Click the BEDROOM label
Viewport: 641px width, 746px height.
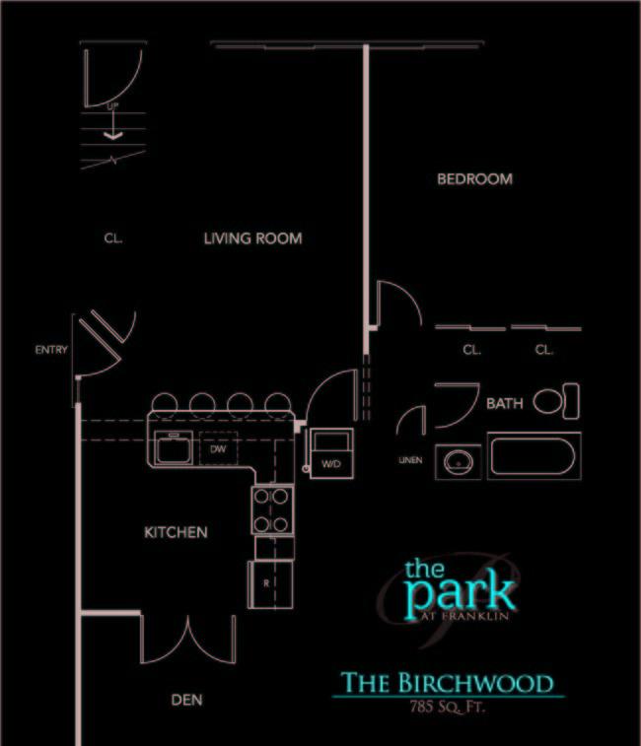pyautogui.click(x=474, y=179)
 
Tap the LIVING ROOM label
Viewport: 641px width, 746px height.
pyautogui.click(x=252, y=238)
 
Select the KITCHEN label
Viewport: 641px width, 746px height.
pyautogui.click(x=176, y=532)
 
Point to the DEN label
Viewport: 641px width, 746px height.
pyautogui.click(x=186, y=700)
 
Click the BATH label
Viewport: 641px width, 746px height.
pyautogui.click(x=504, y=404)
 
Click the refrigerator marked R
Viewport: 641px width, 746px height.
pyautogui.click(x=267, y=583)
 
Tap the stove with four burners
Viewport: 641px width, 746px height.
pyautogui.click(x=271, y=510)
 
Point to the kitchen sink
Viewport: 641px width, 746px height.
pyautogui.click(x=174, y=447)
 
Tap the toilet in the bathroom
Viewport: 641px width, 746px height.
pyautogui.click(x=556, y=401)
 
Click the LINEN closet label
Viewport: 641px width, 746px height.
pyautogui.click(x=411, y=460)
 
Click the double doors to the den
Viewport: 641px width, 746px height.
pyautogui.click(x=187, y=641)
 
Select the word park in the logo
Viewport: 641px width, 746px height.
pyautogui.click(x=460, y=591)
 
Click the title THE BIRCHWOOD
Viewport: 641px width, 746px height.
pyautogui.click(x=447, y=682)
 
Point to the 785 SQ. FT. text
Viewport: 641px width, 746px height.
pyautogui.click(x=447, y=707)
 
